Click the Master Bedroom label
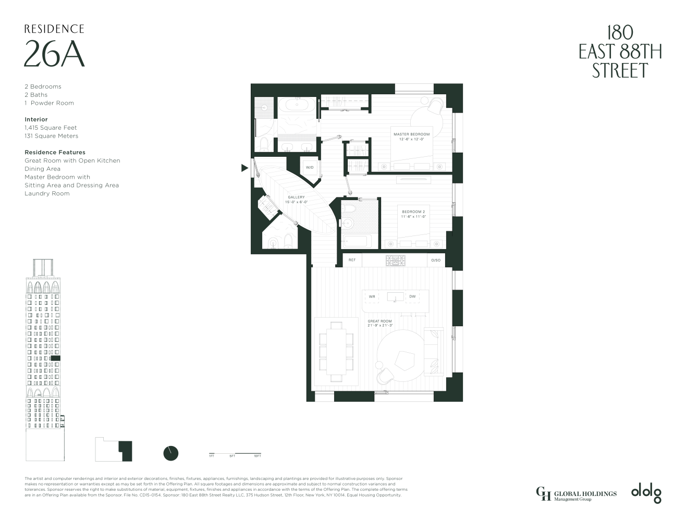pyautogui.click(x=411, y=134)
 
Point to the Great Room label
pyautogui.click(x=379, y=321)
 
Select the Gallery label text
pyautogui.click(x=296, y=197)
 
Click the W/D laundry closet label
pyautogui.click(x=310, y=168)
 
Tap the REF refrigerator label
pyautogui.click(x=352, y=260)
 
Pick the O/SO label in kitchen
pyautogui.click(x=436, y=260)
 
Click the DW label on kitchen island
pyautogui.click(x=412, y=296)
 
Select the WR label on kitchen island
pyautogui.click(x=372, y=296)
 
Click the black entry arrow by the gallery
pyautogui.click(x=244, y=168)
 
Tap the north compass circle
pyautogui.click(x=171, y=453)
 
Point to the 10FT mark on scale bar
pyautogui.click(x=258, y=456)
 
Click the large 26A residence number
pyautogui.click(x=54, y=54)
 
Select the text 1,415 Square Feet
pyautogui.click(x=51, y=128)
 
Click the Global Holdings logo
pyautogui.click(x=576, y=493)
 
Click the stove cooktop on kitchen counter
pyautogui.click(x=395, y=260)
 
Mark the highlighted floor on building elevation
pyautogui.click(x=56, y=358)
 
